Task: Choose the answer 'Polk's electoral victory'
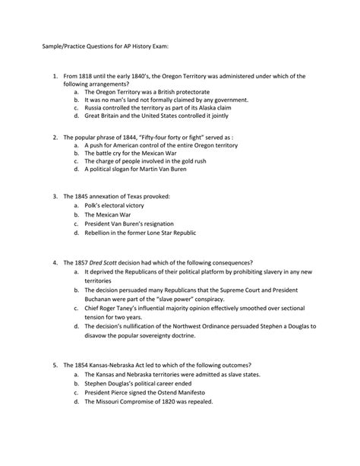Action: pos(114,207)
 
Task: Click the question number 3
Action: pos(55,196)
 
